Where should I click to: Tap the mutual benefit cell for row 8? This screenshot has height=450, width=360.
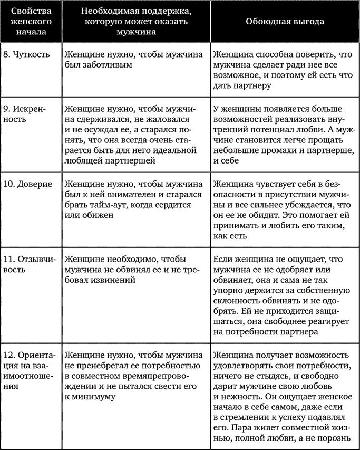pos(285,69)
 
